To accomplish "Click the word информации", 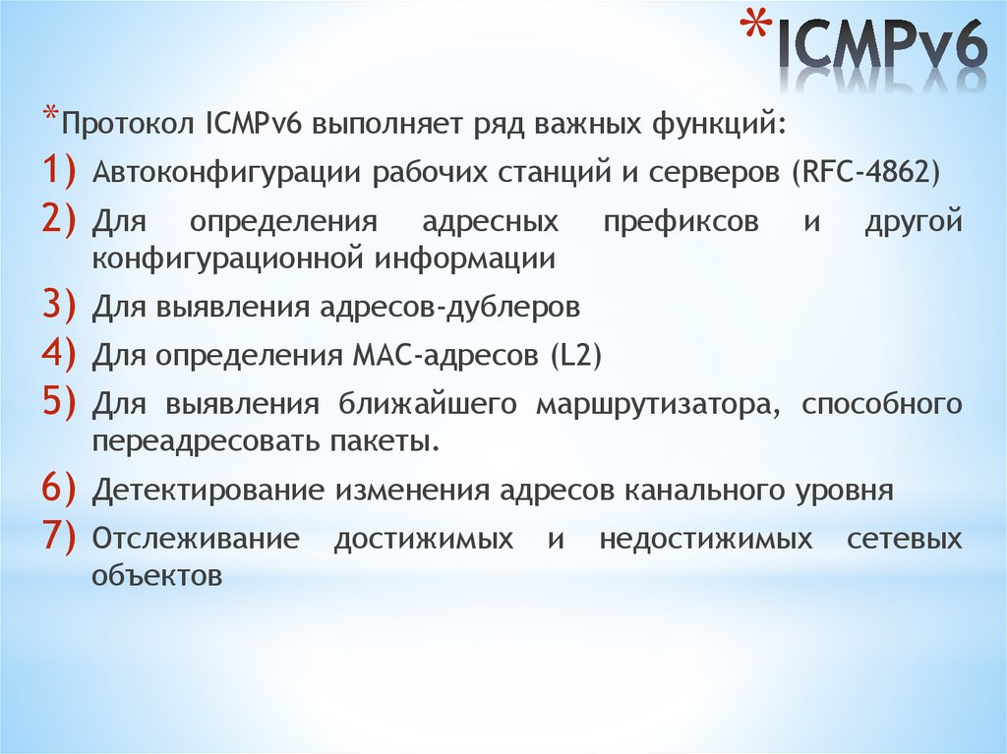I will click(x=465, y=259).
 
